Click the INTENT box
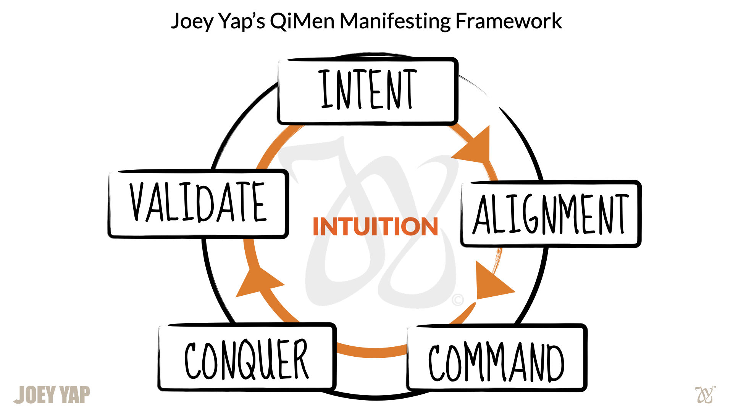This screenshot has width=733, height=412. [367, 91]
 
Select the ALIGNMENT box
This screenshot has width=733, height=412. [551, 214]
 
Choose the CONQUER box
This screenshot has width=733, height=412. [247, 357]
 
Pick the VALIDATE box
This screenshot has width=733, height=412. [198, 204]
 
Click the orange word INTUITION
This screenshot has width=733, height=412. [375, 227]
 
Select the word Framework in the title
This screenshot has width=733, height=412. [509, 21]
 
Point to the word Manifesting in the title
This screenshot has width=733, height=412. [395, 21]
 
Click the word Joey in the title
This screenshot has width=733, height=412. [192, 21]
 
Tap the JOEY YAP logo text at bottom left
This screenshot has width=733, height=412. [52, 394]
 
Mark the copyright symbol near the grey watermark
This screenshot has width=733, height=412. [458, 300]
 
